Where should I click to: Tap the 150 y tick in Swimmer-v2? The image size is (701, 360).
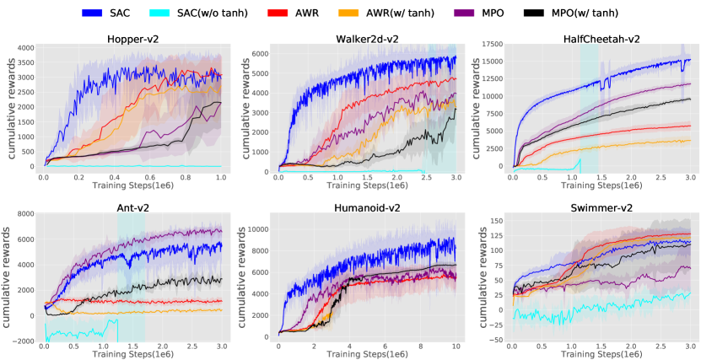click(498, 220)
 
